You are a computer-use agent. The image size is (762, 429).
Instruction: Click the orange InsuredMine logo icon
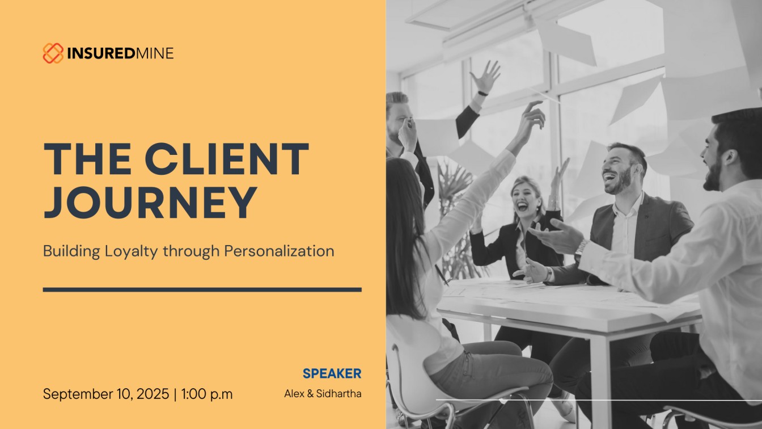click(x=53, y=53)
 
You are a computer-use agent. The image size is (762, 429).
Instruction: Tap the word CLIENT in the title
click(x=227, y=159)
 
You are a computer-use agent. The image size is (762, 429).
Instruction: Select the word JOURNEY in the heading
click(x=150, y=202)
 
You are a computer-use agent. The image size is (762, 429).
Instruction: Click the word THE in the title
click(x=88, y=159)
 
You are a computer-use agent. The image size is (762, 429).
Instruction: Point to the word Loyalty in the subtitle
click(x=131, y=252)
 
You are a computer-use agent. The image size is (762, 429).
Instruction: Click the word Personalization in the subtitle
click(x=279, y=252)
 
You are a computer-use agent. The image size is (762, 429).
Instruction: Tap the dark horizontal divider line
click(x=202, y=290)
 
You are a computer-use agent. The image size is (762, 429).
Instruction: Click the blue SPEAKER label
click(x=332, y=373)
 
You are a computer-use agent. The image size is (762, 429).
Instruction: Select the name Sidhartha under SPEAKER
click(x=339, y=394)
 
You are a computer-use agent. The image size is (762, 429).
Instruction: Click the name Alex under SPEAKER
click(x=294, y=394)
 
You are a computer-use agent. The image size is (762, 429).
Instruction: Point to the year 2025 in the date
click(x=153, y=394)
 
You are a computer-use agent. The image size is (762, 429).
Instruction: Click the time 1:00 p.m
click(x=207, y=394)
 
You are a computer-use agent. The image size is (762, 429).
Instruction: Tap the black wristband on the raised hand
click(x=482, y=93)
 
